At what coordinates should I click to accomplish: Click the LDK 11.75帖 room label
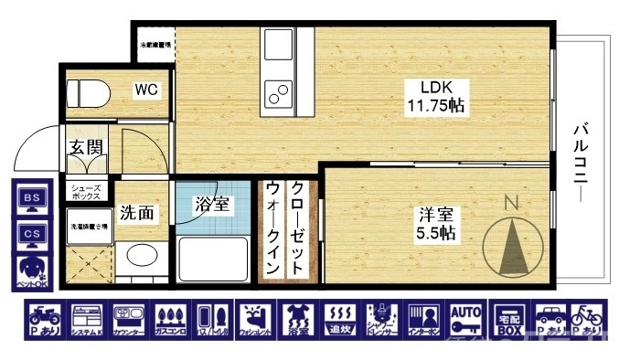click(435, 97)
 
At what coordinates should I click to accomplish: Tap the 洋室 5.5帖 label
click(435, 224)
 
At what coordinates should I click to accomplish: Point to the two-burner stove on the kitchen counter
click(277, 91)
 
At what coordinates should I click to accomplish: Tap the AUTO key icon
click(465, 320)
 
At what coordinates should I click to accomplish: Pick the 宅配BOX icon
click(508, 320)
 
